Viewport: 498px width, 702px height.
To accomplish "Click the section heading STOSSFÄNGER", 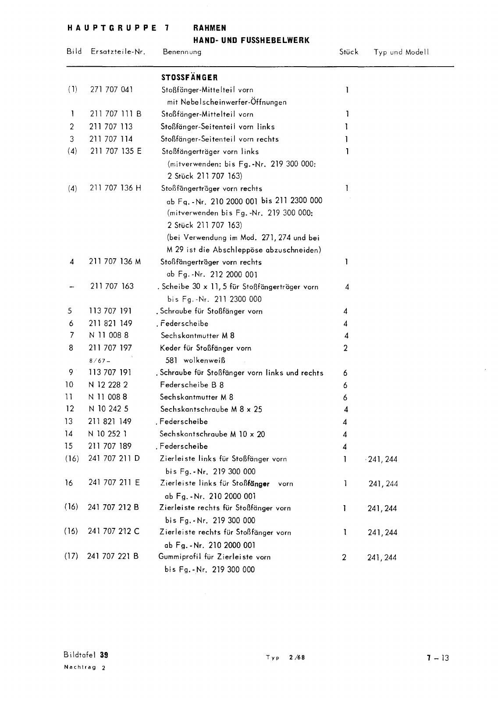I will click(189, 78).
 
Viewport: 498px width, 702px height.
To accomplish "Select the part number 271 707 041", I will click(111, 89).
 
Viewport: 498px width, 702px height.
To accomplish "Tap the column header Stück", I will click(349, 52).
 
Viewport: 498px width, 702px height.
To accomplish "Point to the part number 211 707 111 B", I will click(116, 114).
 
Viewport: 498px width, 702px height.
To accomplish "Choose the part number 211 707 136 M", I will click(115, 262).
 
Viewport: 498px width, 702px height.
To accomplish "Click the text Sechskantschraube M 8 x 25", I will click(211, 409).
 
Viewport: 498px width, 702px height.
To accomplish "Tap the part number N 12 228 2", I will click(108, 385).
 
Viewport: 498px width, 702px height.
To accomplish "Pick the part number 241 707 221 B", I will click(113, 556).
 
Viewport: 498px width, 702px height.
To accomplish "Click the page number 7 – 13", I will click(438, 657).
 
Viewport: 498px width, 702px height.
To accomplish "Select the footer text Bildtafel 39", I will click(86, 656).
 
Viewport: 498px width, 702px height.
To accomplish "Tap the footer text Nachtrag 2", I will click(85, 668).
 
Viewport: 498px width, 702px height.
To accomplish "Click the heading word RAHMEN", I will click(210, 28).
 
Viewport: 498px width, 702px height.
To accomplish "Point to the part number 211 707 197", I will click(110, 348).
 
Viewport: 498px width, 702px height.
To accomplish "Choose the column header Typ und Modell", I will click(401, 52).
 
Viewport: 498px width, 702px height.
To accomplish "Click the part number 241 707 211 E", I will click(114, 483).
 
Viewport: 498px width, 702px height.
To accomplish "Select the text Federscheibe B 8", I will click(192, 385).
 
